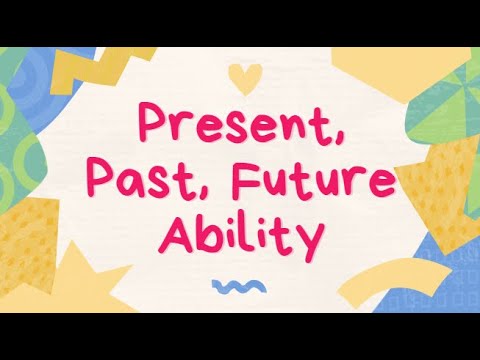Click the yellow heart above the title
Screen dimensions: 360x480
(x=239, y=75)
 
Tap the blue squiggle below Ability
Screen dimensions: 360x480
(x=237, y=286)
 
